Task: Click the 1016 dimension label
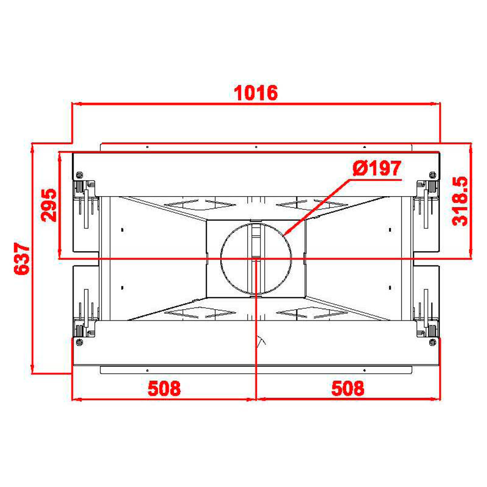(x=256, y=93)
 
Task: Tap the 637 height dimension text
(x=22, y=259)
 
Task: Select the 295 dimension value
(x=49, y=205)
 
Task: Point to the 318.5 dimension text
(x=460, y=201)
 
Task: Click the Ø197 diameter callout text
(x=377, y=169)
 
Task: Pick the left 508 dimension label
(x=164, y=388)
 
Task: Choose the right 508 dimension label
(x=348, y=388)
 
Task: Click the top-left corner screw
(x=79, y=175)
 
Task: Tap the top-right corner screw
(x=432, y=175)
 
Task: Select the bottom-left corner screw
(x=79, y=342)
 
